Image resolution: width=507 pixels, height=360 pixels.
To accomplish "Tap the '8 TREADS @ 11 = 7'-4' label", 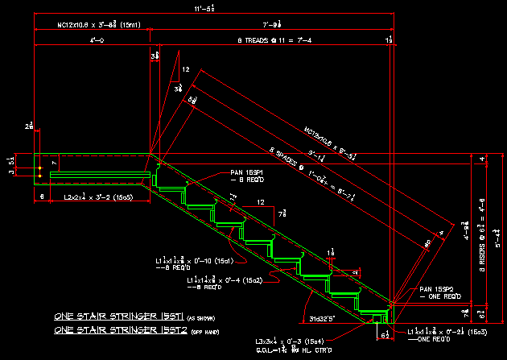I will tap(270, 39).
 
